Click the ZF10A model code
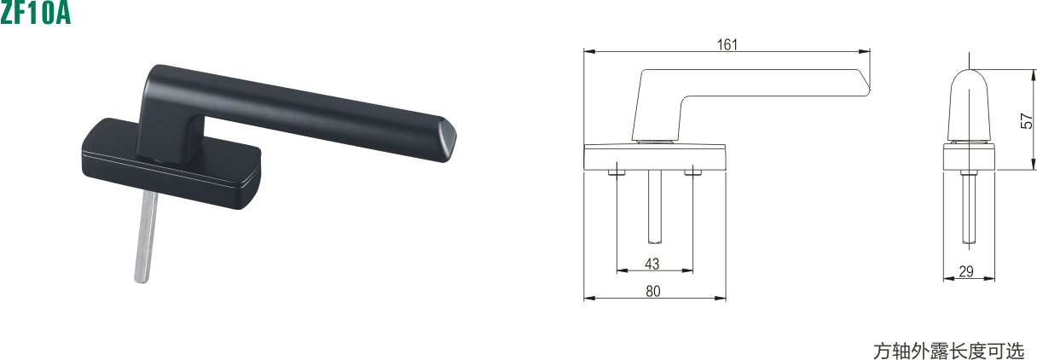point(35,13)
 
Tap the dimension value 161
point(727,44)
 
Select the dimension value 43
point(652,264)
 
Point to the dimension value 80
point(652,291)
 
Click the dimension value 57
point(1026,121)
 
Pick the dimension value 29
point(966,271)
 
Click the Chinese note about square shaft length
point(948,351)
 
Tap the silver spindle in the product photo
point(147,236)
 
